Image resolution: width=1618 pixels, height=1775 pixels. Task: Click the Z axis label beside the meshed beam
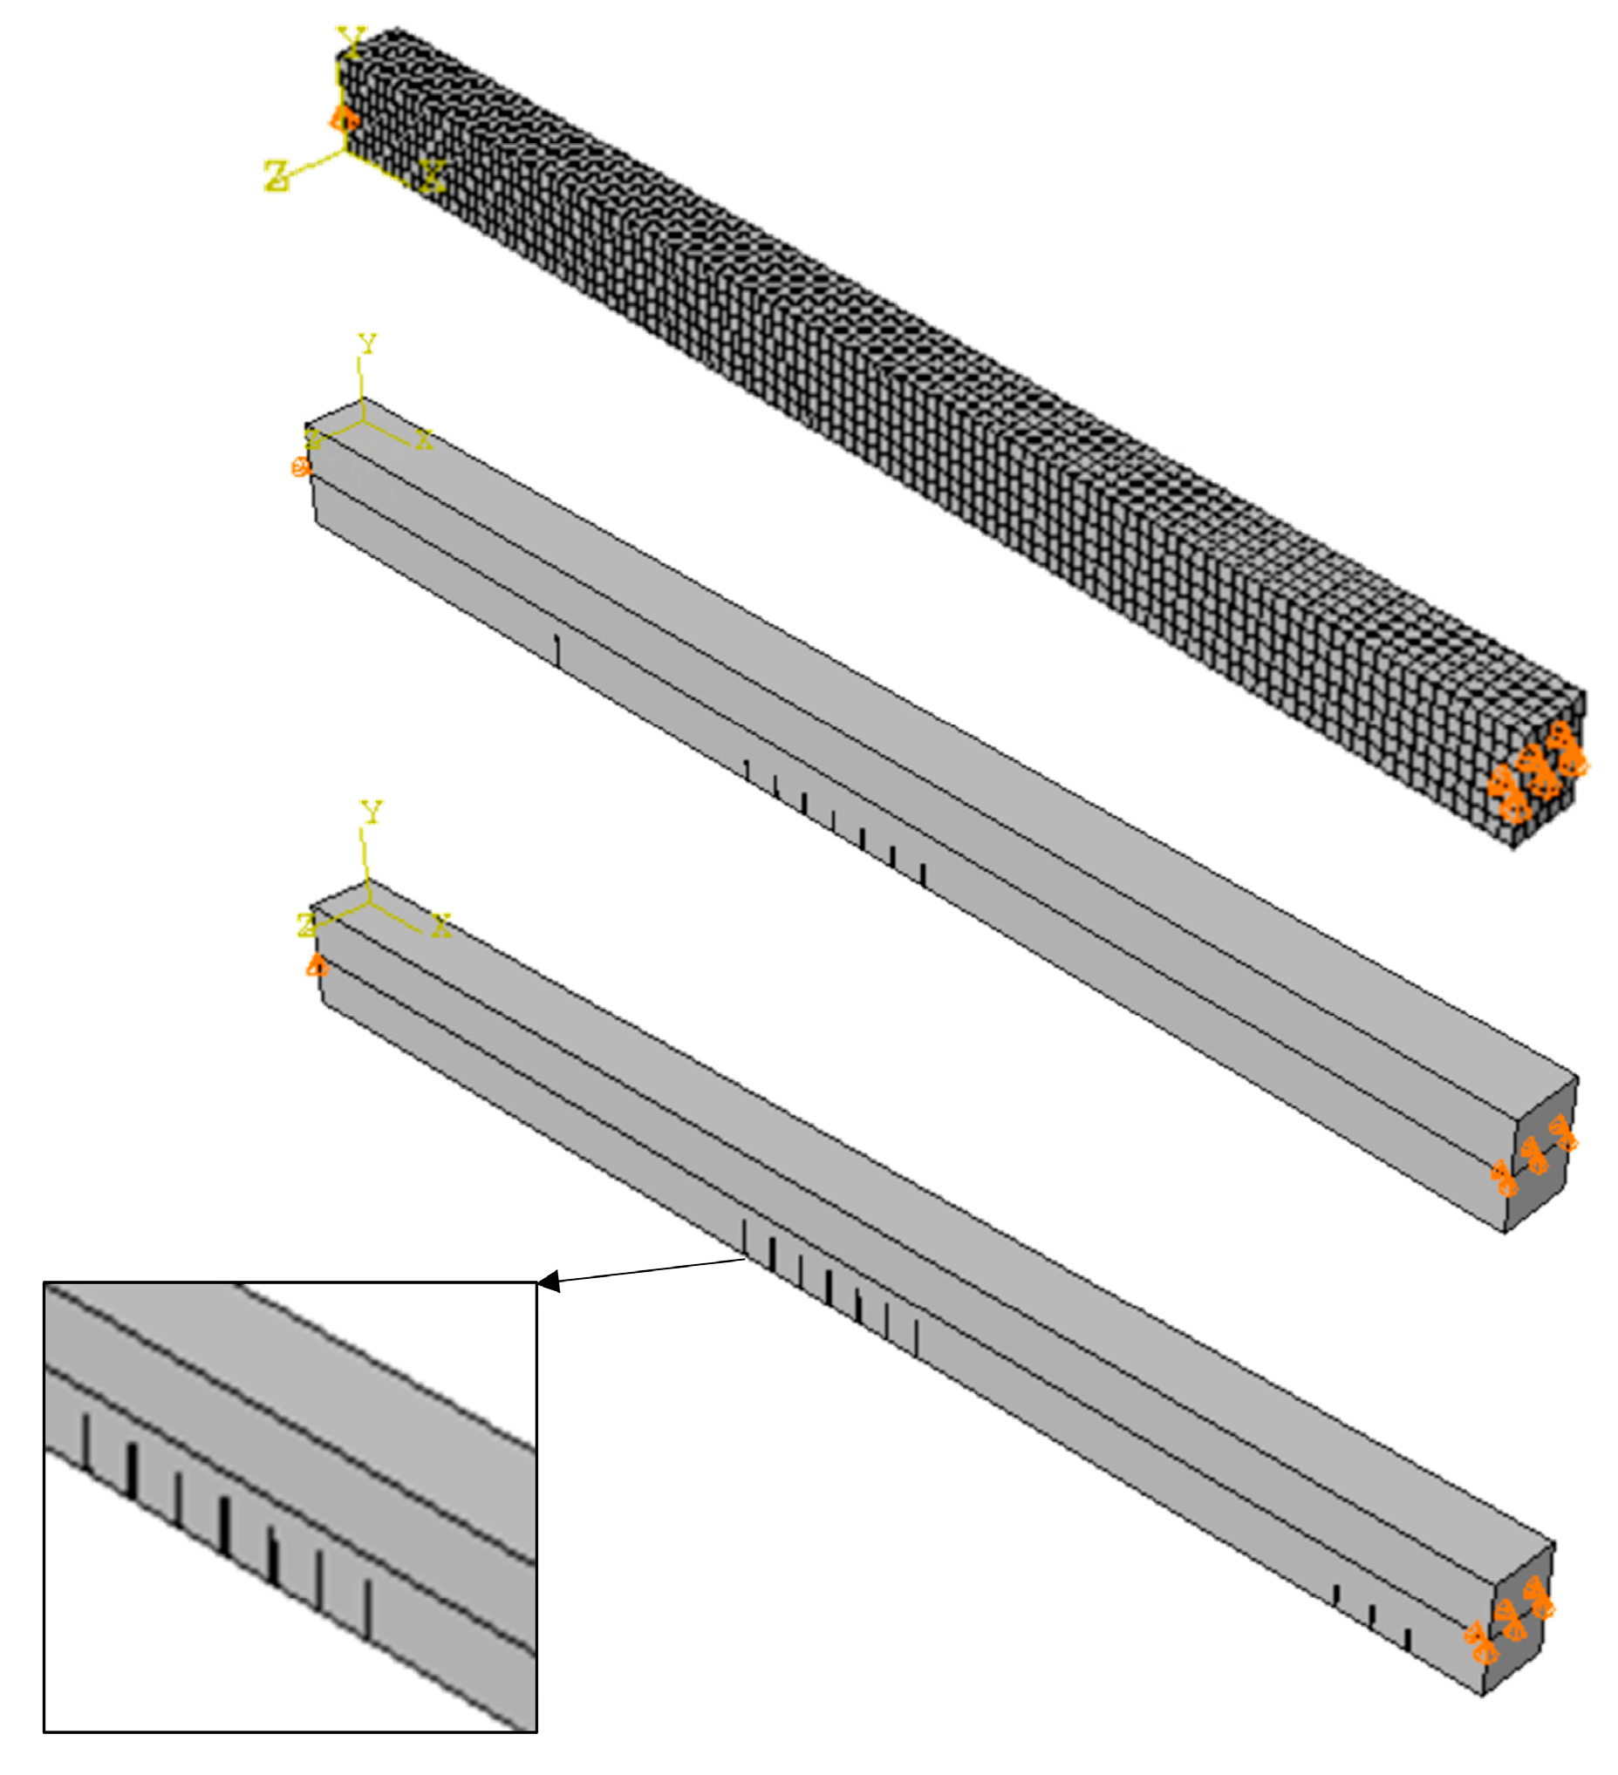tap(277, 175)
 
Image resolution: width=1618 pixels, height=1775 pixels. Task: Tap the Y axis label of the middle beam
tap(367, 343)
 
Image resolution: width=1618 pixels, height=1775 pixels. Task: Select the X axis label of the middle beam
tap(425, 439)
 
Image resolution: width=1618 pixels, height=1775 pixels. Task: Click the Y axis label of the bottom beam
tap(372, 811)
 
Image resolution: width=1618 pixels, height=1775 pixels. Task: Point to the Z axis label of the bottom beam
tap(305, 924)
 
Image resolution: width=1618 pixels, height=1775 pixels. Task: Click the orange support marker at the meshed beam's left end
tap(344, 118)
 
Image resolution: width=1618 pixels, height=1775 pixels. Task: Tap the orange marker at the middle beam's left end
tap(301, 466)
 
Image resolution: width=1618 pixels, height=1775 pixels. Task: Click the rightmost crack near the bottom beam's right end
tap(1408, 1639)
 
